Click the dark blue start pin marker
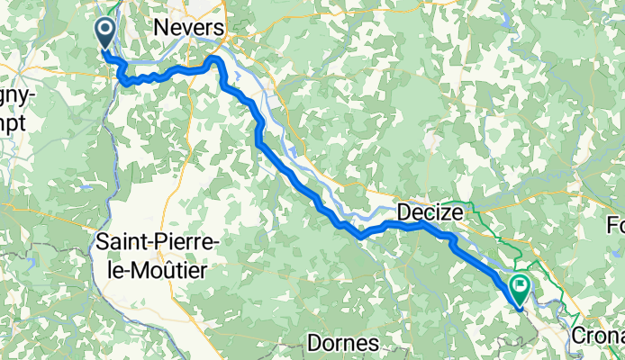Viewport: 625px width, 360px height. (x=104, y=34)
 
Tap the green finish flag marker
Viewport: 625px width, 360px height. (x=520, y=288)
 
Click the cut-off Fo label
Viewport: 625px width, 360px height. (x=615, y=224)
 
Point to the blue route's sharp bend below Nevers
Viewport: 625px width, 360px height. (x=215, y=60)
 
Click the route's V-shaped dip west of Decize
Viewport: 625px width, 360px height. (x=360, y=236)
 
